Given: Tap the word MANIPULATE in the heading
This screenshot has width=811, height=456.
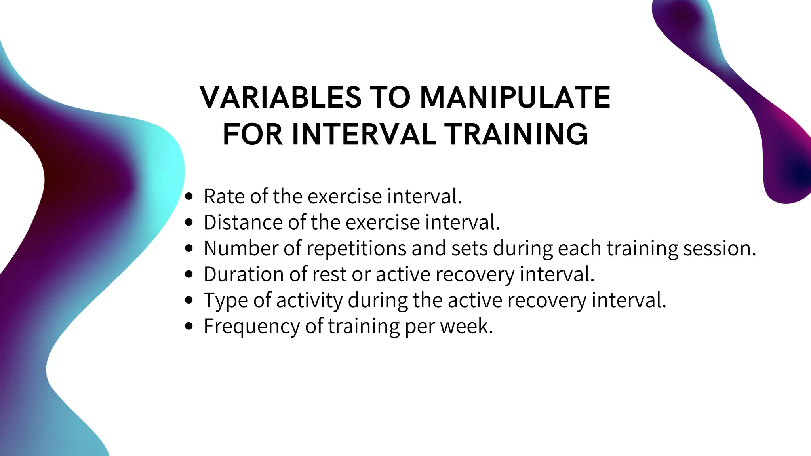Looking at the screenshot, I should pos(515,97).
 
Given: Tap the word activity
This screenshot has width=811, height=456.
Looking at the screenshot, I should pos(309,301).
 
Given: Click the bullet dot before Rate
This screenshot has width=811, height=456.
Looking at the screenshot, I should pos(189,196).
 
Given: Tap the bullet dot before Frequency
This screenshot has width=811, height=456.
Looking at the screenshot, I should pos(189,327).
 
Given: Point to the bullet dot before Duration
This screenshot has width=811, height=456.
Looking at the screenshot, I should pos(189,274).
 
